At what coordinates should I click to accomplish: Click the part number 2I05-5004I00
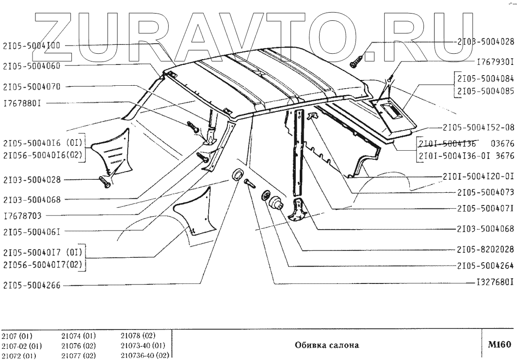32,45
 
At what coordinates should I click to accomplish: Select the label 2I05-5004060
32,65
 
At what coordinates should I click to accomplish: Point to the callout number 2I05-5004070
32,86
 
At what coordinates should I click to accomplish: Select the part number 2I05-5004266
32,286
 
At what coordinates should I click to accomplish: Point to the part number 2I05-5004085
485,90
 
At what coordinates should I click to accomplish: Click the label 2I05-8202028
485,250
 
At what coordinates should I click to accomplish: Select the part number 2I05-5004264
485,266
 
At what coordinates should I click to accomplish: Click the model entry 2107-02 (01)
21,346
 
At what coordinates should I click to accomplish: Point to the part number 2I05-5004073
485,192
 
